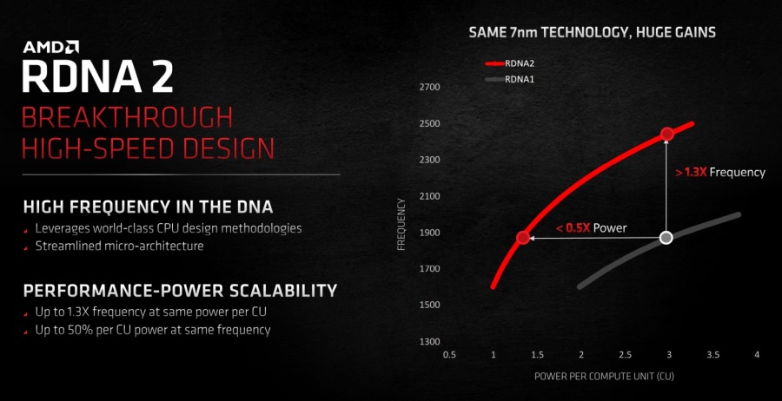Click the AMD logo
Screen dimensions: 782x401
(50, 48)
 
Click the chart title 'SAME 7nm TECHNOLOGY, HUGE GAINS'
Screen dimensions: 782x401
(592, 33)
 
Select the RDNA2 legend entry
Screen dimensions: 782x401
(510, 63)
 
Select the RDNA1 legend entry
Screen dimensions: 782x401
(510, 79)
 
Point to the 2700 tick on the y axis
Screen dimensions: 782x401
(430, 88)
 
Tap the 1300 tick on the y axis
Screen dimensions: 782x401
(430, 342)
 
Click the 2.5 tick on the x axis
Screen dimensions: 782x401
(625, 355)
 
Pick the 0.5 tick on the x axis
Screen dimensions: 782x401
(449, 355)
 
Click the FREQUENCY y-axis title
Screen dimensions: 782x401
(402, 224)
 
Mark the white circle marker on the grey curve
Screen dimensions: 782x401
(666, 238)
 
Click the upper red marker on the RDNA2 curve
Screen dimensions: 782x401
(667, 134)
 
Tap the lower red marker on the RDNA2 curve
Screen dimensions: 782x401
(523, 238)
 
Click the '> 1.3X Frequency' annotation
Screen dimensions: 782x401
(720, 173)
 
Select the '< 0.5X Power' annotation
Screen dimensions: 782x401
(591, 228)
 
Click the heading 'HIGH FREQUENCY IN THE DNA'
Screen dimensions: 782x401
(148, 207)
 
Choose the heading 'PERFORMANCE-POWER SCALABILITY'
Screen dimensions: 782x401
(180, 290)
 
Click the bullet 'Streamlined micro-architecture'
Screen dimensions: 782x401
(120, 247)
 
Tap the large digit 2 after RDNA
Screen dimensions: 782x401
(161, 76)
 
